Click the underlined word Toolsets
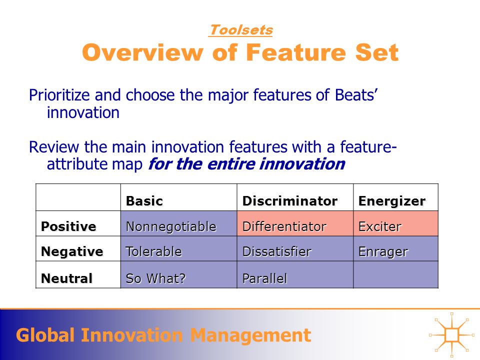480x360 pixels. point(241,30)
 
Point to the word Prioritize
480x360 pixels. point(59,95)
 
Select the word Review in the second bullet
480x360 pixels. point(54,147)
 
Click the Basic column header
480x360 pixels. point(144,201)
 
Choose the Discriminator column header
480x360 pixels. point(290,201)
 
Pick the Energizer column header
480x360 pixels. point(392,201)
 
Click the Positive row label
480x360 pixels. point(68,226)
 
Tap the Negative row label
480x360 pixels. point(72,251)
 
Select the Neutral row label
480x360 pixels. point(66,278)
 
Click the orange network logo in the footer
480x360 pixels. point(452,335)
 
